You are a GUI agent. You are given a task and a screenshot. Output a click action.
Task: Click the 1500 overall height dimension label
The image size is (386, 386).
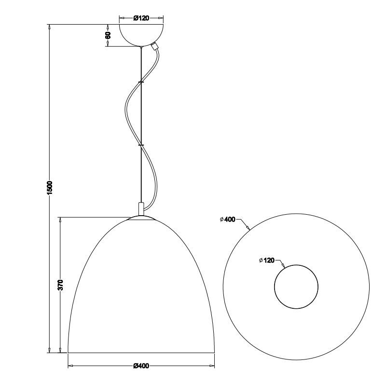point(50,188)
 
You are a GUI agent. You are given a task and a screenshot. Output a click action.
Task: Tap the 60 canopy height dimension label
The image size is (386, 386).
point(108,35)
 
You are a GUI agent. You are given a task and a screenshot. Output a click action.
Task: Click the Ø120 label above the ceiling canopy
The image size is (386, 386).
point(141,18)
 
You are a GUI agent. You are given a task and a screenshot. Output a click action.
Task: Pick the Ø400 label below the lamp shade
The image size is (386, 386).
point(141,366)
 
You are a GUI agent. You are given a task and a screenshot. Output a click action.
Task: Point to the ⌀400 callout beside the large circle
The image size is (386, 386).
point(228,220)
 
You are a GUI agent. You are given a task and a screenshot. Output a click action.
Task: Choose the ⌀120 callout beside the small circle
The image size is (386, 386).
point(267,260)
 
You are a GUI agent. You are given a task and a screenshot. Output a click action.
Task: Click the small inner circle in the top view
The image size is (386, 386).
point(296,265)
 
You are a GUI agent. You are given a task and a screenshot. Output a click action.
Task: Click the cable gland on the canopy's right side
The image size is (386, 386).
point(155,46)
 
